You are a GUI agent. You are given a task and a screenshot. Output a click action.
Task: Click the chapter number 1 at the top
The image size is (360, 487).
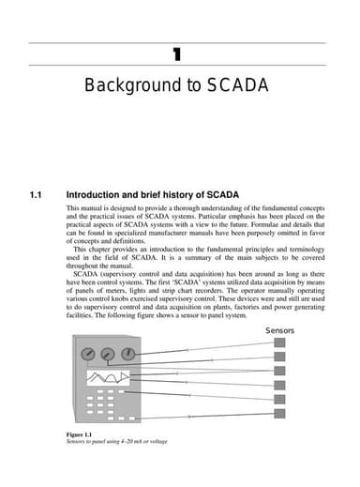coord(177,53)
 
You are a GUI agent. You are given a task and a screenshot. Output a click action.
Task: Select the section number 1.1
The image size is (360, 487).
coord(37,195)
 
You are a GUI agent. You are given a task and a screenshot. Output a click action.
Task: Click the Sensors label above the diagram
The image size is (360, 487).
coord(280,331)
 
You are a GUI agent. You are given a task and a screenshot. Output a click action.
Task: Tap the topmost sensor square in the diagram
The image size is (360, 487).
coord(280,344)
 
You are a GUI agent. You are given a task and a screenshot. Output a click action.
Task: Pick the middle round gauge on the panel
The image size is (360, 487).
coord(108,356)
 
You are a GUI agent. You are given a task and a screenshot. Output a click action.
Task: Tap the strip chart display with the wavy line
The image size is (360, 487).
coord(107,380)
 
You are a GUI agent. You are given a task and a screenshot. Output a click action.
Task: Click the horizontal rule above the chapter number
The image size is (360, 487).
coord(177,42)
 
